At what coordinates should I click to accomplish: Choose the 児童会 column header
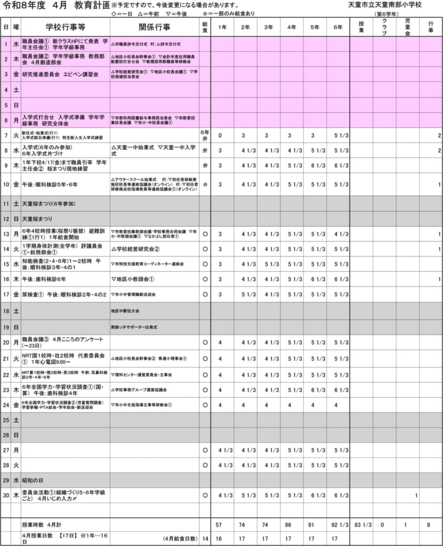click(407, 27)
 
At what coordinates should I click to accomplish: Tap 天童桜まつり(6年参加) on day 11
click(49, 203)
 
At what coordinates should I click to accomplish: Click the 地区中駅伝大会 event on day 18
click(125, 310)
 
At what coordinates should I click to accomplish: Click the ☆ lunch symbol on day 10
click(205, 184)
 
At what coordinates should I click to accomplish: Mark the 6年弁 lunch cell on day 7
click(205, 135)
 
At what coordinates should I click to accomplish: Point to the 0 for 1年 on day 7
click(220, 135)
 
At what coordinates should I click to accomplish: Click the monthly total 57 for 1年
click(219, 525)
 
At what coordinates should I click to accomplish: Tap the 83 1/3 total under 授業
click(363, 525)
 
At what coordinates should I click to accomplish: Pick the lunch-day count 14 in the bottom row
click(205, 539)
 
